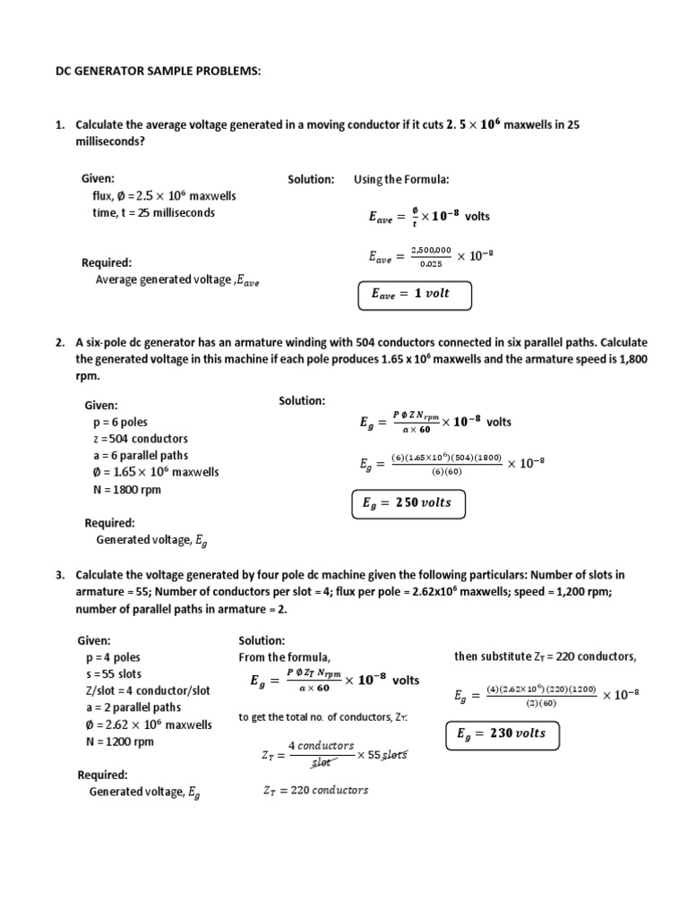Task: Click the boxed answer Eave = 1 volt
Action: pos(415,294)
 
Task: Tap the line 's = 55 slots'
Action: pos(114,673)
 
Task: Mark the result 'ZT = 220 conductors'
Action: pos(315,790)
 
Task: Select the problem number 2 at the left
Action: pos(59,342)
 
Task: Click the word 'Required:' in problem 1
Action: pos(107,262)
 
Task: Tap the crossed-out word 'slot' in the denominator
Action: pos(320,763)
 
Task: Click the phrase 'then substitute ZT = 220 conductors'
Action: pos(545,656)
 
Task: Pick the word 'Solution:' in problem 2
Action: pos(302,400)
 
